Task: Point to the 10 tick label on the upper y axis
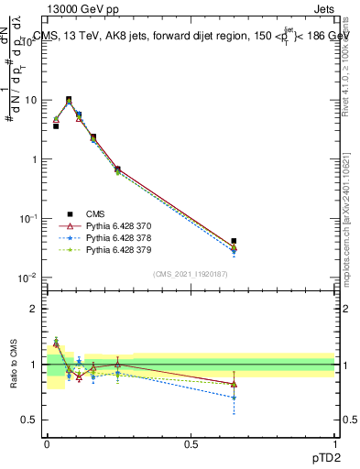30,100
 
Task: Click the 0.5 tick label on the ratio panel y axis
30,420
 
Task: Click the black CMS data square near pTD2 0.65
234,241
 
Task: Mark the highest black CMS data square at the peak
69,99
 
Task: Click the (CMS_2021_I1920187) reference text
191,274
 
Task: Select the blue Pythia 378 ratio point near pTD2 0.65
234,398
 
